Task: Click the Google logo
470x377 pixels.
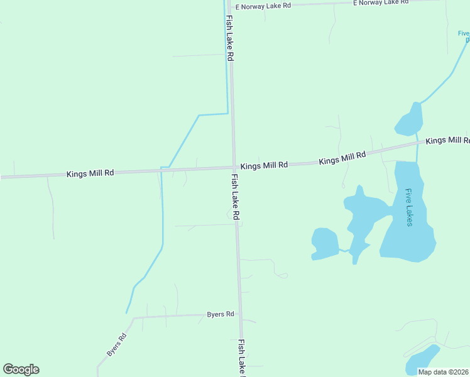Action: click(21, 369)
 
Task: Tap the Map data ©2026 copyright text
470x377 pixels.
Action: click(443, 372)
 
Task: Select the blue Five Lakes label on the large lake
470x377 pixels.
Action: click(409, 208)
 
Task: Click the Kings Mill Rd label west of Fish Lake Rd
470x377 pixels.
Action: click(90, 173)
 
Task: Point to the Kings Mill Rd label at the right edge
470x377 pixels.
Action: click(447, 140)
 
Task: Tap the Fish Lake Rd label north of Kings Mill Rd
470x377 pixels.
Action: click(230, 38)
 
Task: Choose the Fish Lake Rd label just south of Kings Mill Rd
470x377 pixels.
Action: click(236, 197)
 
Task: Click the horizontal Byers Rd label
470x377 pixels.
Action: click(221, 314)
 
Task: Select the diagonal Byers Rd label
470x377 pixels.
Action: click(117, 344)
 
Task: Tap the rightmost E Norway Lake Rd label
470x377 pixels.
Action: click(381, 3)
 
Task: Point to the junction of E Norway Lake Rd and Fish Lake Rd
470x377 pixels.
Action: click(231, 7)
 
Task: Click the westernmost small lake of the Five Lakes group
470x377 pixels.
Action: click(325, 243)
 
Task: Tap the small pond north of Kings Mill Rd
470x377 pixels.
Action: click(409, 119)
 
